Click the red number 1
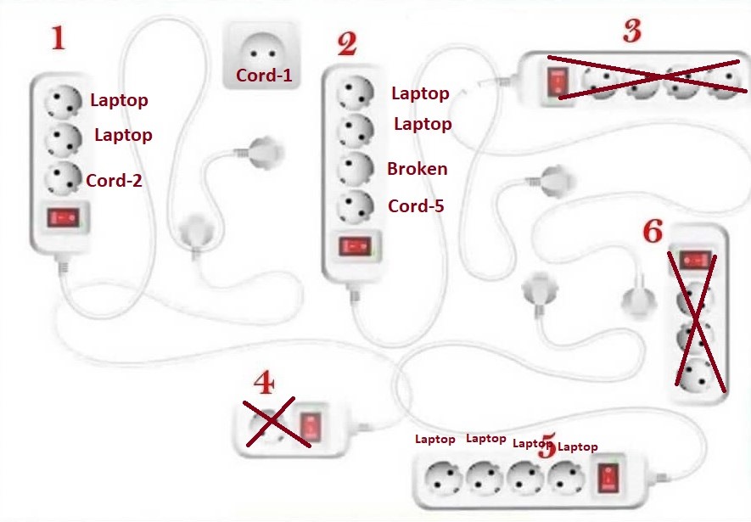(58, 38)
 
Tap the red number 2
(346, 44)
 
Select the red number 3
(631, 32)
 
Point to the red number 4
(264, 384)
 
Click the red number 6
(652, 231)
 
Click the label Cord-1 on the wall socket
(264, 76)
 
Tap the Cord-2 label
(115, 180)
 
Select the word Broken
(417, 169)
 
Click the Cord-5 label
(416, 205)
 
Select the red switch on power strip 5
(608, 479)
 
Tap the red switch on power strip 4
(312, 425)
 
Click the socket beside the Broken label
(355, 168)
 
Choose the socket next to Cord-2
(63, 177)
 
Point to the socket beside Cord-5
(356, 205)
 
